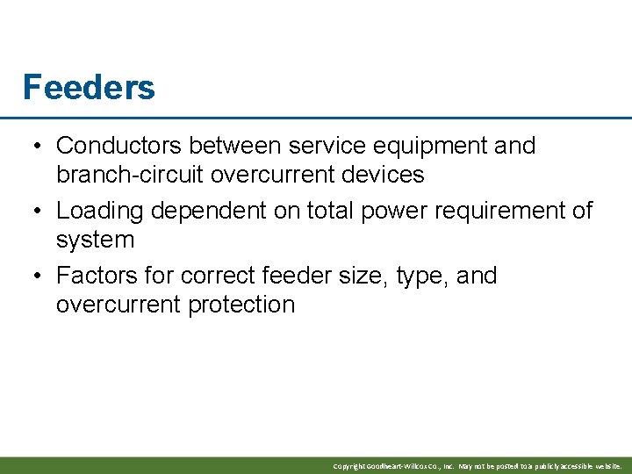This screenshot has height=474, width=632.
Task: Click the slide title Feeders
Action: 89,87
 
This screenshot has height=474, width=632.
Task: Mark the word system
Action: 95,240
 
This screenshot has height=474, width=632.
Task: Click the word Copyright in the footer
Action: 349,466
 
